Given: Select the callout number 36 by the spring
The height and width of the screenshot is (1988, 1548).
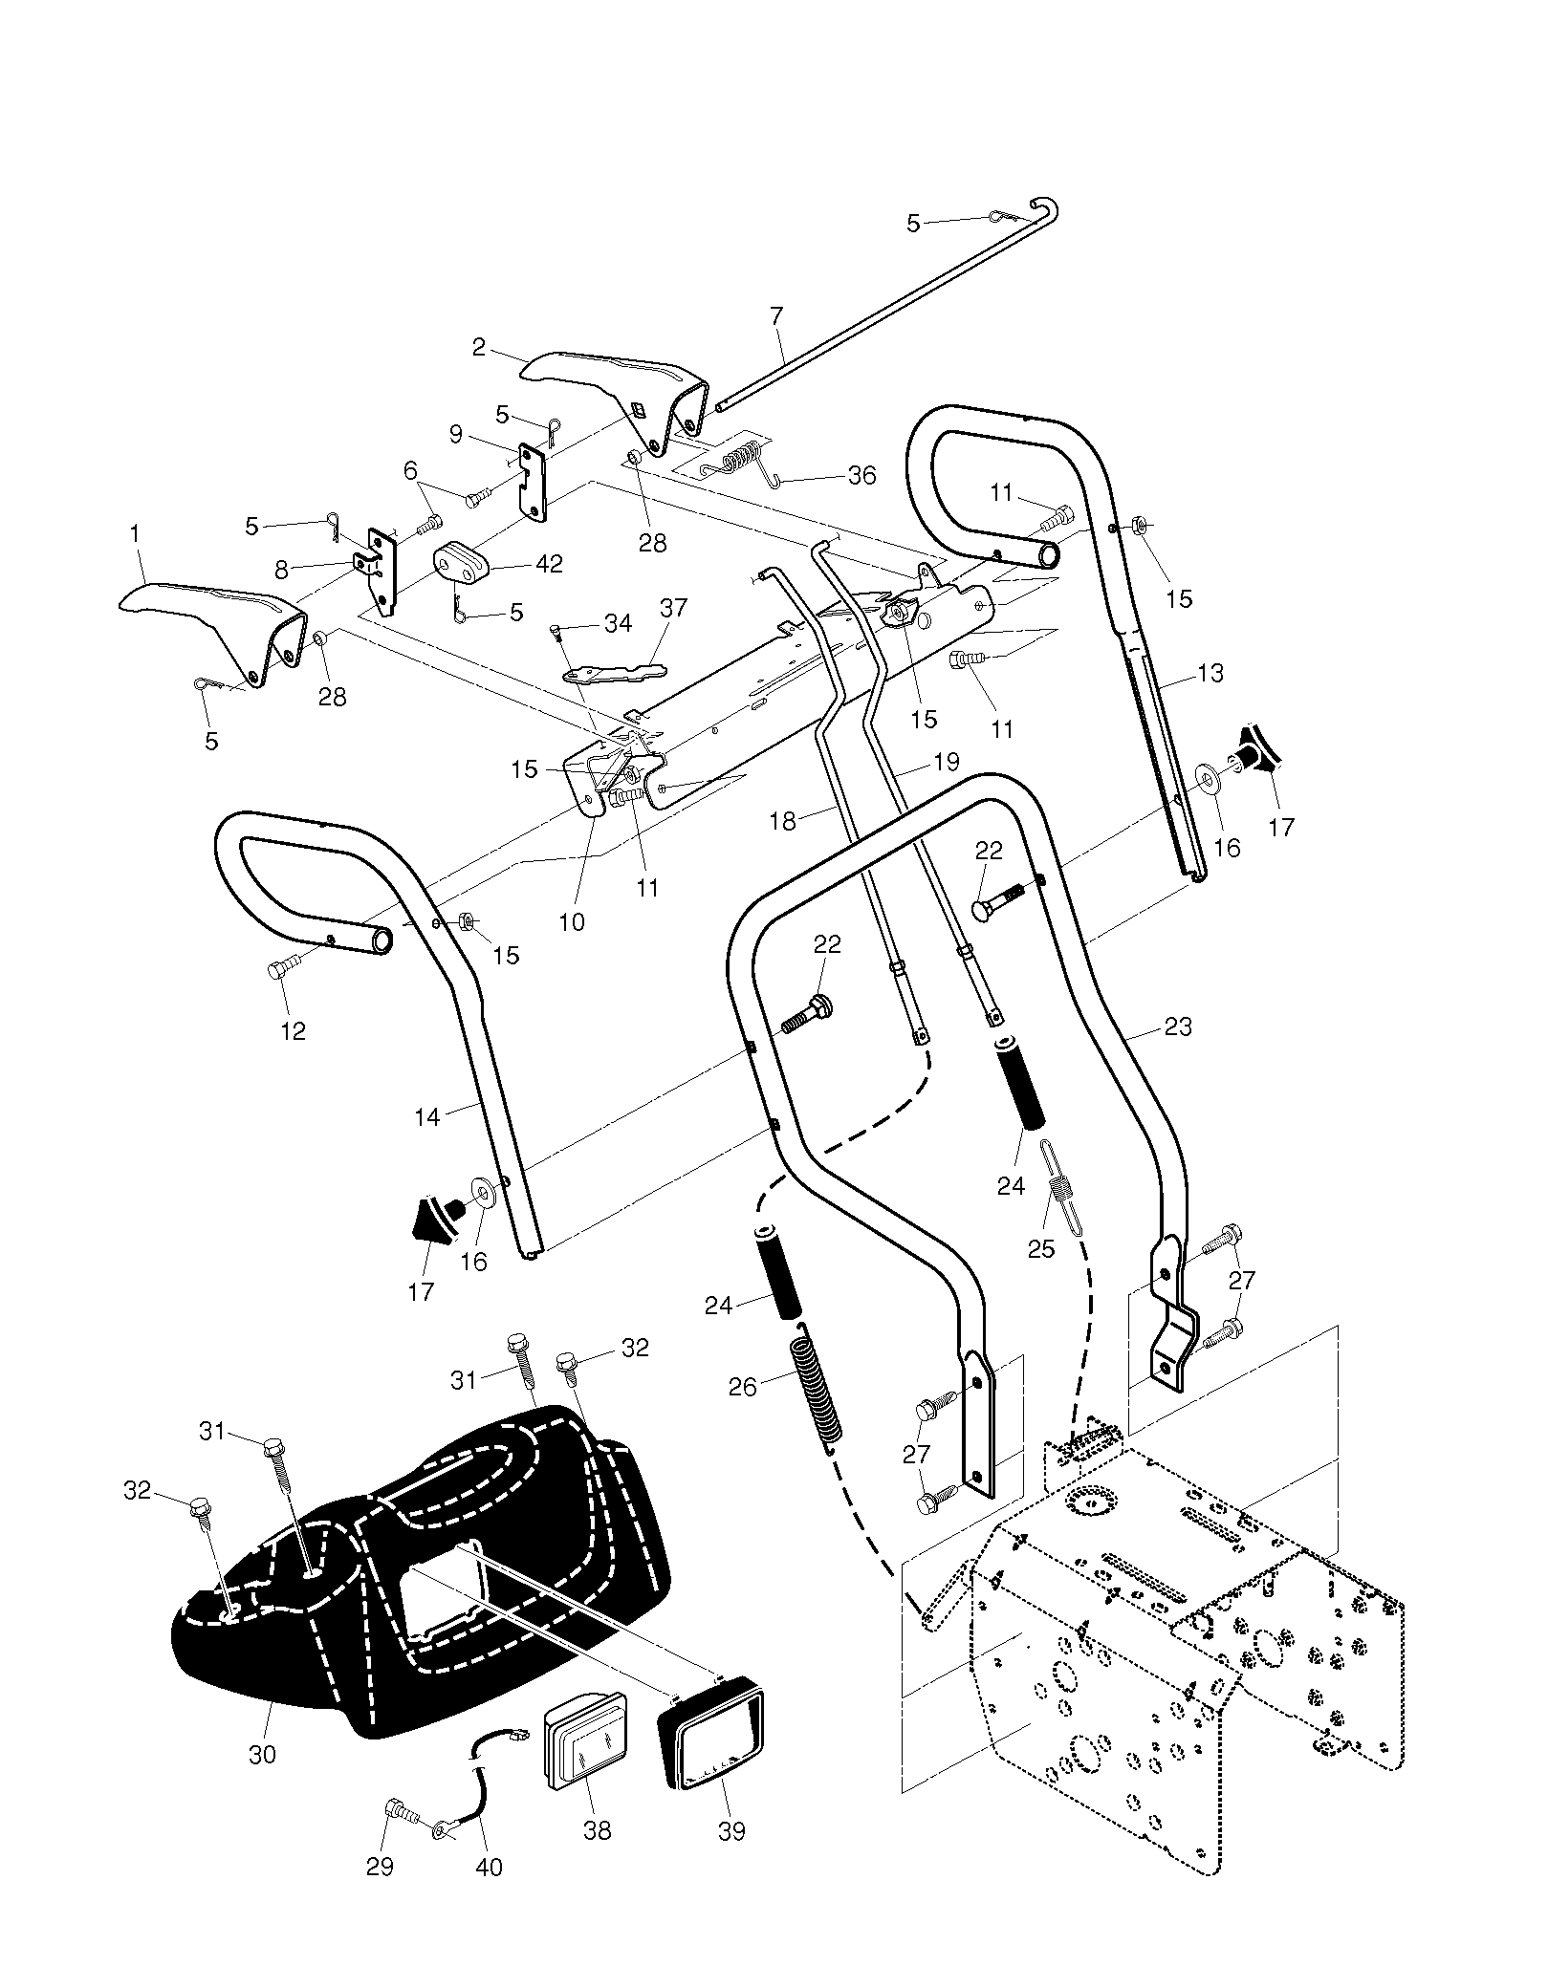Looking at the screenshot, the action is click(861, 475).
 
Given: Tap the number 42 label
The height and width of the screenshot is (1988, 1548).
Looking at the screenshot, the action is click(550, 563).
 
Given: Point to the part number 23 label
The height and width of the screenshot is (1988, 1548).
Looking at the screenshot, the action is click(1178, 1026).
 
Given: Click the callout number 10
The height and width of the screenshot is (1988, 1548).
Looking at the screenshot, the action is click(573, 921).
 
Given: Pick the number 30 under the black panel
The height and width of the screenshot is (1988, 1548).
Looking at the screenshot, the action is click(261, 1755).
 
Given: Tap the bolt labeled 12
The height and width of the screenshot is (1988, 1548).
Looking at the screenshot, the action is click(286, 965).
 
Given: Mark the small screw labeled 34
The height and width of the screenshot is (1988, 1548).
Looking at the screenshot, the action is click(557, 635).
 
